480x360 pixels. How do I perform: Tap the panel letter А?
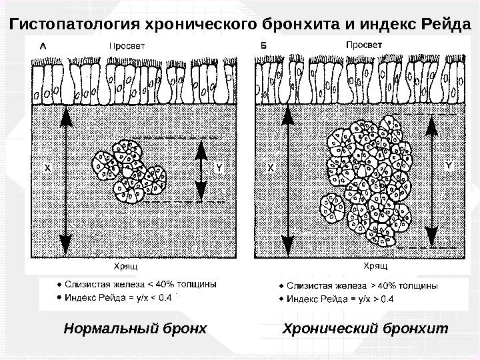43,47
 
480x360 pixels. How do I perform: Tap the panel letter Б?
263,46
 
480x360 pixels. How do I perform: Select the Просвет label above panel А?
129,47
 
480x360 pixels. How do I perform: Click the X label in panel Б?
271,169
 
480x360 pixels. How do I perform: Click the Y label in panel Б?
448,162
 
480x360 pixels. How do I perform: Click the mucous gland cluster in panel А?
131,171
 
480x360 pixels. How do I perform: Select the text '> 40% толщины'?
404,285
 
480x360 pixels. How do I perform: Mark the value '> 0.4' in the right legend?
383,299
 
